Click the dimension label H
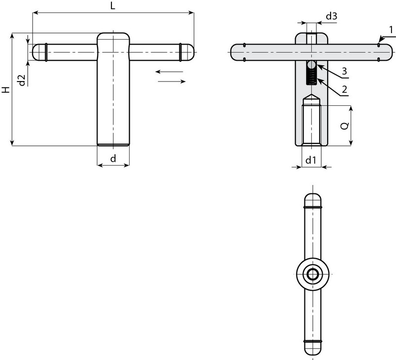point(5,90)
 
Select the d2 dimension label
point(21,80)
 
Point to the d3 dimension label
point(331,16)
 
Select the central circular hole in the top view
point(312,273)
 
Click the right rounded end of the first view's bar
point(188,52)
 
